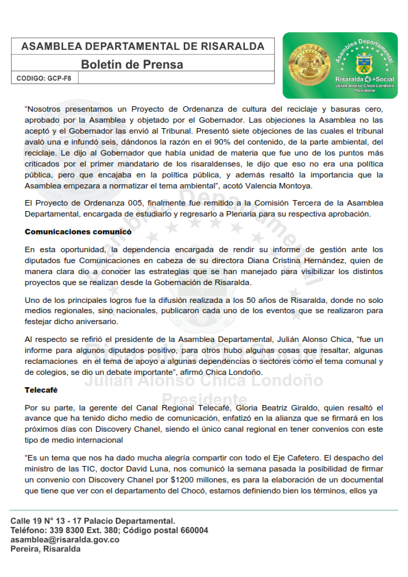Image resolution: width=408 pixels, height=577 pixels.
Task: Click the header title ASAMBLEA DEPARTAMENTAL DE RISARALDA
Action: tap(143, 46)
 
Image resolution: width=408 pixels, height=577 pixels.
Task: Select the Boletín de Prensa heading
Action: tap(132, 64)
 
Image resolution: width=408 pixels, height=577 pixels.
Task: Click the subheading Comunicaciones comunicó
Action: tap(77, 232)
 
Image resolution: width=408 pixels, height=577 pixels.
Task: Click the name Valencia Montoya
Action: tap(282, 186)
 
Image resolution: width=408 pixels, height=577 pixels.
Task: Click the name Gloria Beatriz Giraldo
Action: tap(263, 408)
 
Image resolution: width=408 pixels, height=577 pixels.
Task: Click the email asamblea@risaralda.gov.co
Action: tap(65, 540)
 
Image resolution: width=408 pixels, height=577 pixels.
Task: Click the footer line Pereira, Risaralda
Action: tap(45, 550)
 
